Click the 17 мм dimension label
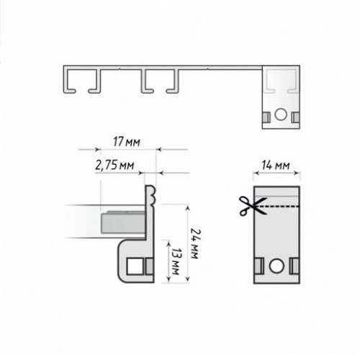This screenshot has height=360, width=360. point(127,142)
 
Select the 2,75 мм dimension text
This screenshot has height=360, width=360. point(114,166)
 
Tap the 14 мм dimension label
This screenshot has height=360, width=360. point(276,166)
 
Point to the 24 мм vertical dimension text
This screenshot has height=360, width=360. point(195,243)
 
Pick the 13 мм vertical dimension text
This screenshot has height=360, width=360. point(176,261)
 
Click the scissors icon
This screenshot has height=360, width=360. point(253,206)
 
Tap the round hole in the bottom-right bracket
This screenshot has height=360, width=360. point(276,266)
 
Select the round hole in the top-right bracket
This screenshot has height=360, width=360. point(281,114)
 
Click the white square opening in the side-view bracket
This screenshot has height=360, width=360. point(134,266)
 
